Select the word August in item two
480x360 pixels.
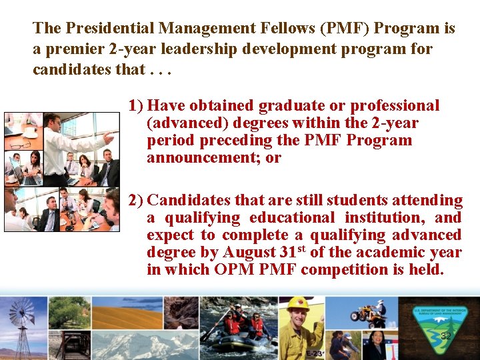pos(251,252)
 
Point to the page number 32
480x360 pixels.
pos(446,336)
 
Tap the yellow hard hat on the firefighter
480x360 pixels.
pos(297,304)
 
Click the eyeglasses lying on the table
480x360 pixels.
pos(20,145)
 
